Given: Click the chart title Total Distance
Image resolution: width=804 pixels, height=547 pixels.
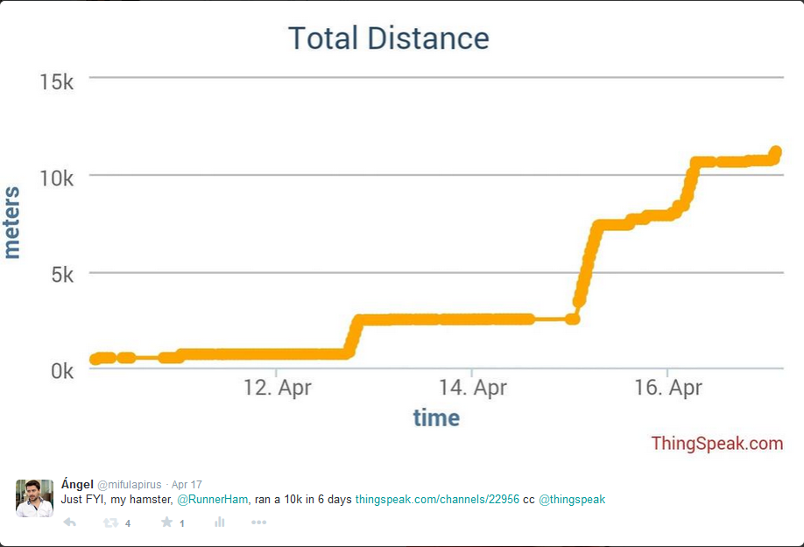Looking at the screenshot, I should coord(388,38).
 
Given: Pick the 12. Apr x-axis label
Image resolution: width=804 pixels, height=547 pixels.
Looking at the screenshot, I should coord(277,387).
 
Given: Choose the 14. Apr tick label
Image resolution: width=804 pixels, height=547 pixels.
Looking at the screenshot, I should coord(472,387).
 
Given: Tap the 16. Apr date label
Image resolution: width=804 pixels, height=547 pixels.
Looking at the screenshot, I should coord(668,387).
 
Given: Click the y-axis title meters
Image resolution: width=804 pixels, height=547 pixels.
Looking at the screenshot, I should coord(11,222).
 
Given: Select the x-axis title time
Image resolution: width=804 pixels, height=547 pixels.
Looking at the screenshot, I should coord(436,417).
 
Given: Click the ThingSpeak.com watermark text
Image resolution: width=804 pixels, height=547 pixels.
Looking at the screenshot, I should coord(716,444).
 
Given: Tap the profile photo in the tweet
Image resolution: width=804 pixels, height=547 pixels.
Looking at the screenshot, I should coord(34,497).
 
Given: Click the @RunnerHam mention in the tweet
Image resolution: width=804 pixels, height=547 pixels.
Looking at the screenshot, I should coord(214,500).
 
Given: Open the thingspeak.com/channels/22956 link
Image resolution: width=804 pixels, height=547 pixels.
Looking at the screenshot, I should coord(437,500).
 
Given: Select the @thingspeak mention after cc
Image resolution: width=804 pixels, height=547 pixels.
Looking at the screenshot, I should coord(572,500).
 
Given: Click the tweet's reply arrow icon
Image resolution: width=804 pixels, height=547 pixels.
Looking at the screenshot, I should coord(70,522).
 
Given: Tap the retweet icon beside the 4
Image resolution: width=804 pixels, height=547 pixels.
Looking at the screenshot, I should coord(110,522).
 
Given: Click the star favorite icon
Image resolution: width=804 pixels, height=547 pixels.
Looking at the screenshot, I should coord(166,522).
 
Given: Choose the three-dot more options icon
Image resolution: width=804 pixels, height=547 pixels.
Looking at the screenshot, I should coord(258,522).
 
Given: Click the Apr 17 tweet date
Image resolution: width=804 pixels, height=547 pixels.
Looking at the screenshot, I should coord(187,485).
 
